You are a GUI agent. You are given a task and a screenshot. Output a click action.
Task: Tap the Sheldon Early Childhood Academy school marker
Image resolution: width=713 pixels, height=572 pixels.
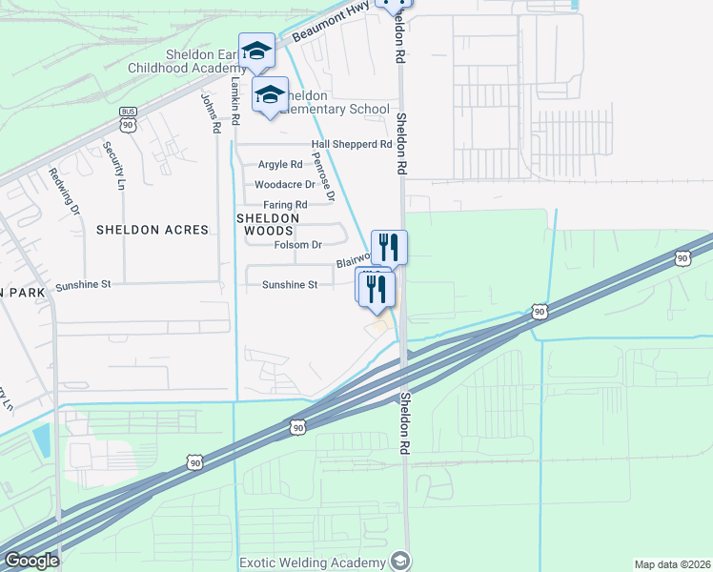pyautogui.click(x=256, y=51)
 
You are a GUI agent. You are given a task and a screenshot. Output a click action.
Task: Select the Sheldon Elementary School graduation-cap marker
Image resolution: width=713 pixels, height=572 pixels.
pyautogui.click(x=270, y=94)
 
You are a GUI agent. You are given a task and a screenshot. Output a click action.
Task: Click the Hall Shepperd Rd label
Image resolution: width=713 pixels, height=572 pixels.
pyautogui.click(x=352, y=145)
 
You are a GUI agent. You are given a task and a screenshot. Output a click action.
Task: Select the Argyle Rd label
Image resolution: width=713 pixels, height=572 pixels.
pyautogui.click(x=280, y=165)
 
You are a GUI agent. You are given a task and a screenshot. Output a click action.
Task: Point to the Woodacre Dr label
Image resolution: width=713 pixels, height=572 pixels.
pyautogui.click(x=284, y=185)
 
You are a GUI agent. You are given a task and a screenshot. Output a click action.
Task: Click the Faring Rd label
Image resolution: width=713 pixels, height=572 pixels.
pyautogui.click(x=286, y=205)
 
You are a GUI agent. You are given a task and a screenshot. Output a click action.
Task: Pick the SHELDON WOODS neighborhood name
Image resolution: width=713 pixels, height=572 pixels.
pyautogui.click(x=268, y=224)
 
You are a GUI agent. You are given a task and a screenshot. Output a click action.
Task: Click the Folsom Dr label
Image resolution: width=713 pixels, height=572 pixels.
pyautogui.click(x=298, y=245)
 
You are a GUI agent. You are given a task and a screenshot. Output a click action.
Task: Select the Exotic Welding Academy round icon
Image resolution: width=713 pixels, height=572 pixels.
pyautogui.click(x=401, y=561)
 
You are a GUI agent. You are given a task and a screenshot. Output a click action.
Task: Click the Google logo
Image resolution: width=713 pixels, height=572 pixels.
pyautogui.click(x=31, y=561)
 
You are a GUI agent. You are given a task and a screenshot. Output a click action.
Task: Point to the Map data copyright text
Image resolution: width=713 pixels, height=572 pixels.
pyautogui.click(x=673, y=563)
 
